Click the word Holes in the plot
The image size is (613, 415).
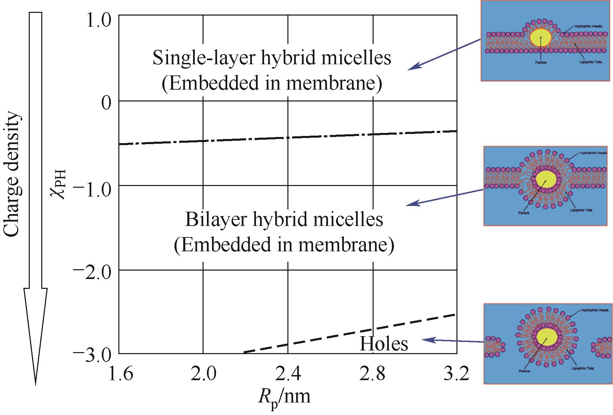coord(384,344)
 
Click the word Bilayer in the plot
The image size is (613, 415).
coord(215,220)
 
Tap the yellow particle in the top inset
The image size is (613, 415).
coord(541,37)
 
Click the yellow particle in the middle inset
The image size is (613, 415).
coord(546,180)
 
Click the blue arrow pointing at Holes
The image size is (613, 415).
coord(453,341)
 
